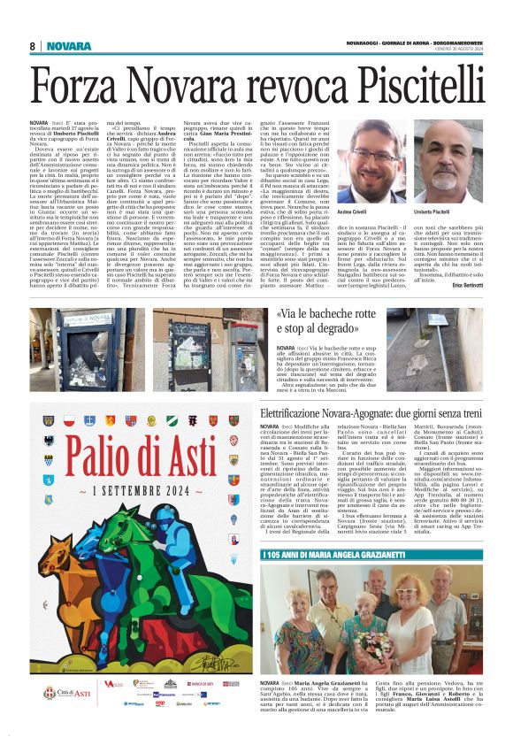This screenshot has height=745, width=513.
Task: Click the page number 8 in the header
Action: pos(32,46)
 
